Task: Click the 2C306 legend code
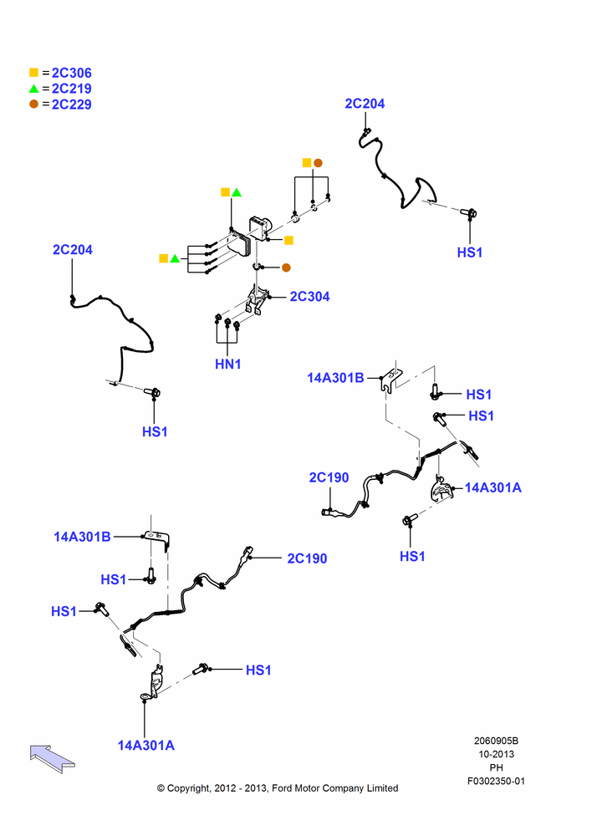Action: point(71,73)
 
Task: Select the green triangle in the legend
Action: point(34,89)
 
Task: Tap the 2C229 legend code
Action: point(71,104)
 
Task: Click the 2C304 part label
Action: point(309,297)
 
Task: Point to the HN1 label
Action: point(227,364)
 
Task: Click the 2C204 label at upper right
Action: point(365,104)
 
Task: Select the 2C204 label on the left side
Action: point(73,249)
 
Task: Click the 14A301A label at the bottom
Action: point(145,746)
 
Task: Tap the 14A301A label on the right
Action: point(492,487)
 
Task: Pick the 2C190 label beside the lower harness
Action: point(307,558)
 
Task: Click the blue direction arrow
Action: point(53,758)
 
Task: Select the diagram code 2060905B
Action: point(496,741)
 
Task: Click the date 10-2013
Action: point(496,754)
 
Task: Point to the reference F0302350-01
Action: point(496,781)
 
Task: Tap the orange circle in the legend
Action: point(34,104)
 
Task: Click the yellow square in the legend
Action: point(34,73)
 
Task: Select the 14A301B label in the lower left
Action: point(82,537)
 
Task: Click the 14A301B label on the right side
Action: point(335,378)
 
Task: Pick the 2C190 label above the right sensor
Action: point(329,477)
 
